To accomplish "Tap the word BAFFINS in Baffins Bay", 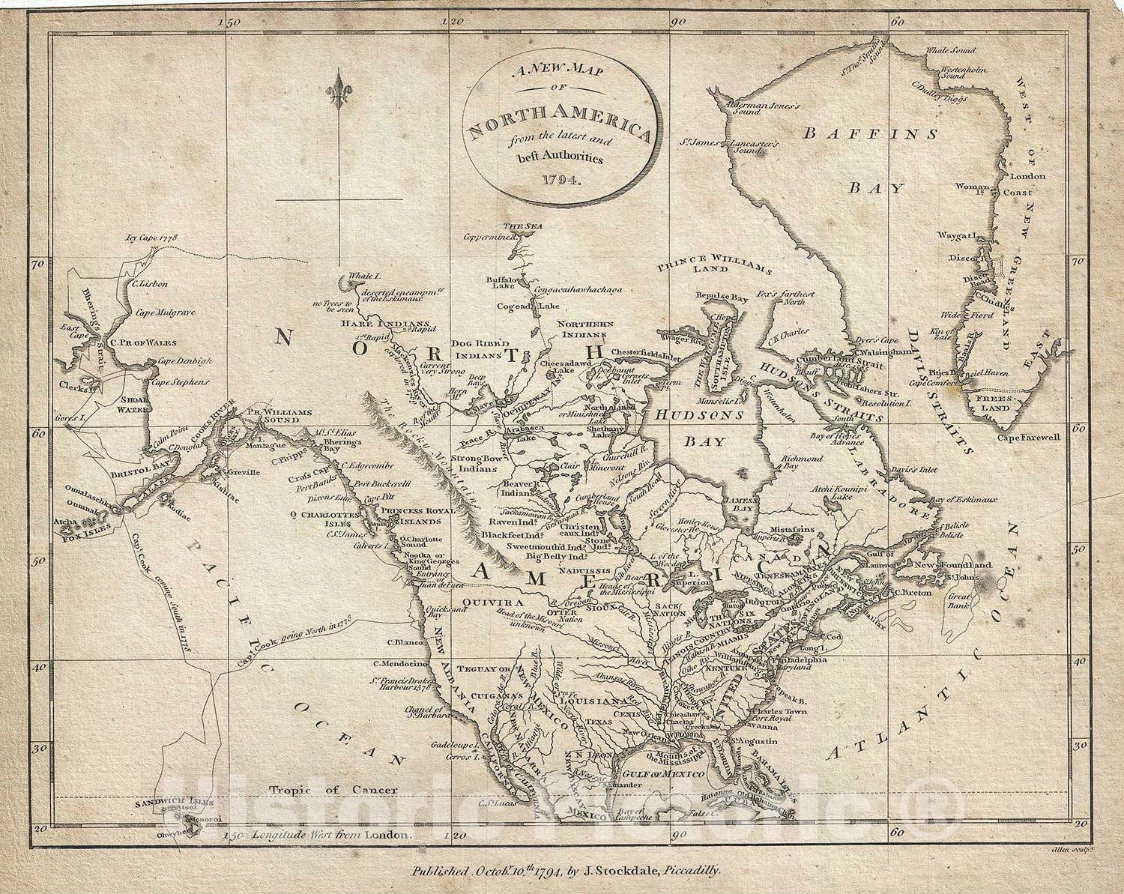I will tap(870, 134).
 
